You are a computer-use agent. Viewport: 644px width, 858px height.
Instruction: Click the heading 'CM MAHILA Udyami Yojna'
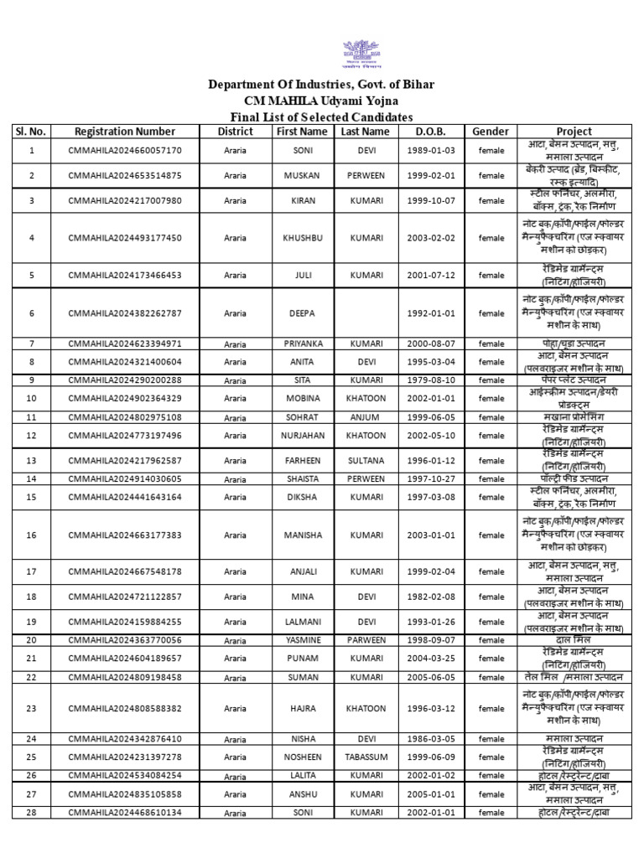pos(322,101)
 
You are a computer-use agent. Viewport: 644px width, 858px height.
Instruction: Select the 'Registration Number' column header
pos(124,132)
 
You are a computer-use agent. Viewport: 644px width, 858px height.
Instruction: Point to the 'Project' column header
pos(573,132)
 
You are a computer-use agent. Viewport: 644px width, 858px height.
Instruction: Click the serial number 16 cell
pos(32,535)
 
